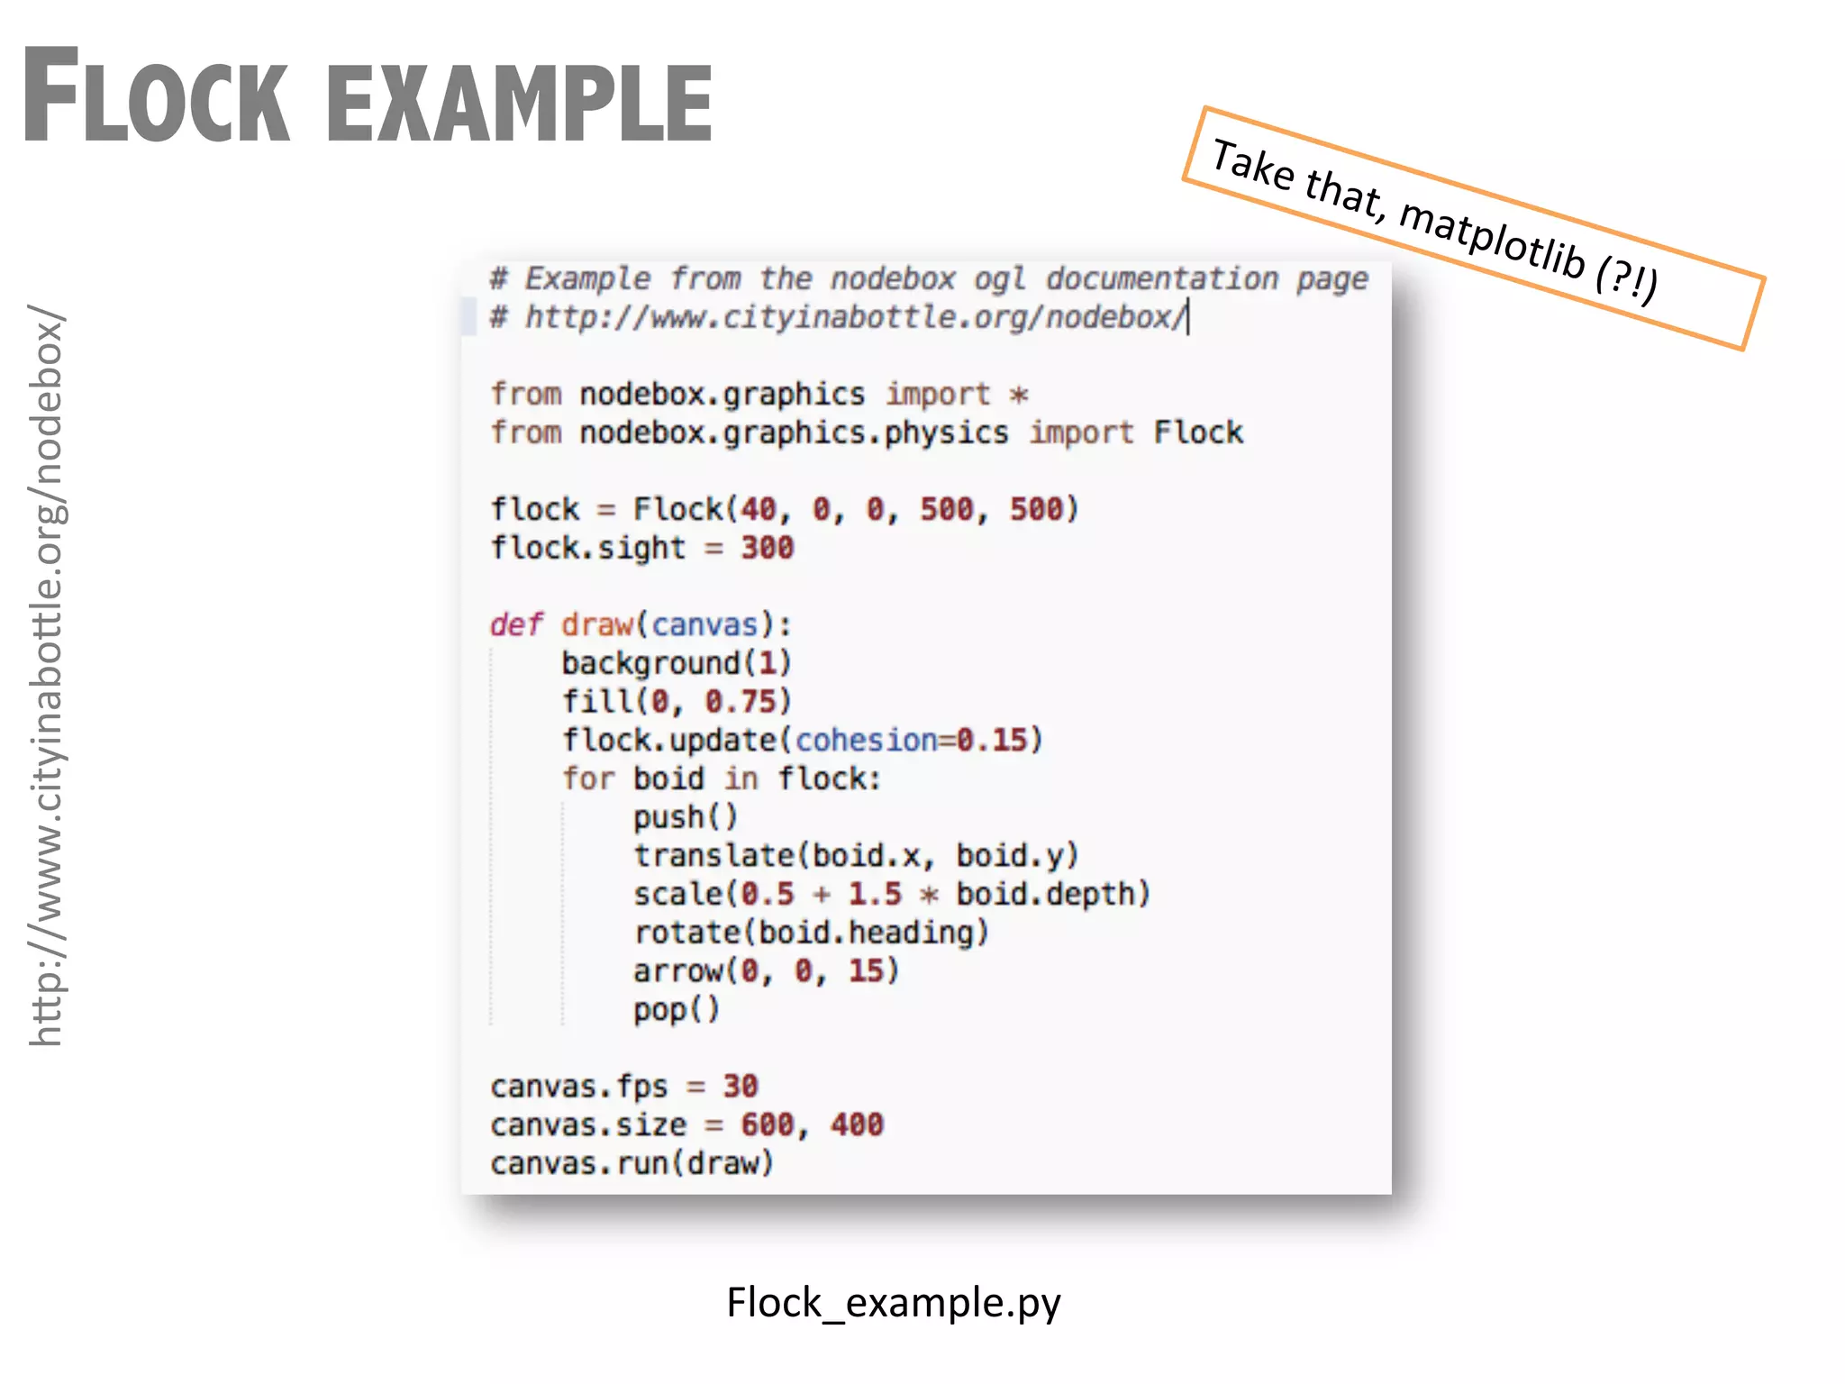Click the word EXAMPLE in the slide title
click(520, 101)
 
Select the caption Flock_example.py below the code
click(894, 1303)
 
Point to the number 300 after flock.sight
click(767, 548)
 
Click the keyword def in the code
click(516, 624)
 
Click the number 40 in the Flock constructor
click(758, 509)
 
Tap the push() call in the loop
click(685, 817)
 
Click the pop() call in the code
click(676, 1009)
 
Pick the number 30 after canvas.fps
click(741, 1086)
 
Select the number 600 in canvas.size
click(767, 1124)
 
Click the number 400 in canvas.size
click(857, 1124)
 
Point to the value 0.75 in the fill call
click(740, 701)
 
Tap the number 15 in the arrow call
click(867, 970)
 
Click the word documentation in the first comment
click(1162, 278)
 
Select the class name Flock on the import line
click(1198, 432)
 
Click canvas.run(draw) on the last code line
click(632, 1163)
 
